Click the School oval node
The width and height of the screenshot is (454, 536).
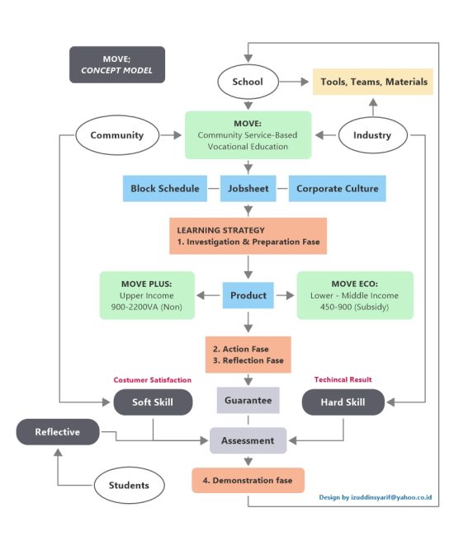click(248, 82)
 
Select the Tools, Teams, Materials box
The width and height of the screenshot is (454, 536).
click(376, 82)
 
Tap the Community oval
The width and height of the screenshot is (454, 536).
click(116, 134)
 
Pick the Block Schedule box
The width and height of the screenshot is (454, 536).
click(165, 188)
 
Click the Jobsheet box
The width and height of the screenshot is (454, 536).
click(248, 188)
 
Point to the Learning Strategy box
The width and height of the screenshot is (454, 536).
click(248, 236)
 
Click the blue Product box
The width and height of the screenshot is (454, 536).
click(248, 295)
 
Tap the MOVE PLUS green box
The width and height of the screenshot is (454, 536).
click(147, 295)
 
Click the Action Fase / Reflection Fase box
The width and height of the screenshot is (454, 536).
click(248, 355)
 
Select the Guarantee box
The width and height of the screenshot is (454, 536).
click(248, 401)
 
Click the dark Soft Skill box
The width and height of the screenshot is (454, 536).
click(153, 402)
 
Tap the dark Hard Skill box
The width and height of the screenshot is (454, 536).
click(343, 402)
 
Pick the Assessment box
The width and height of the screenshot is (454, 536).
click(248, 440)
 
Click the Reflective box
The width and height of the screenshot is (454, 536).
click(57, 431)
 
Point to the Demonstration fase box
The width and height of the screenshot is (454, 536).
click(248, 480)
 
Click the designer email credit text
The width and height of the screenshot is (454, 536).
click(376, 498)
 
